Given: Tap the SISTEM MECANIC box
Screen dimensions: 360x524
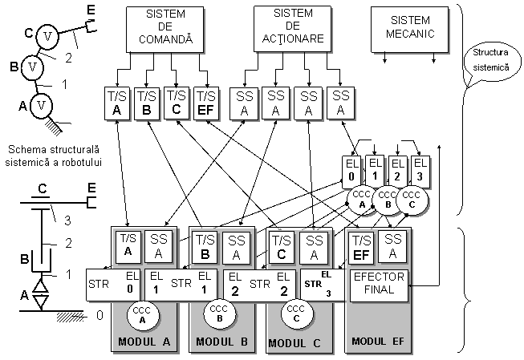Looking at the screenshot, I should [410, 29].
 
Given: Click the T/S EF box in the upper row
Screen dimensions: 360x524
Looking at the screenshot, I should [206, 103].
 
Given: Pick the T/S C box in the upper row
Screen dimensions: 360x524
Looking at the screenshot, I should [177, 103].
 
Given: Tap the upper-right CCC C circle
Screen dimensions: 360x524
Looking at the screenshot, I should [412, 199].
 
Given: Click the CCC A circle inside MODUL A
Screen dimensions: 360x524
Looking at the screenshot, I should [141, 313].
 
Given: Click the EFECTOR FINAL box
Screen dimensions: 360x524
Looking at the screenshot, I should [380, 285].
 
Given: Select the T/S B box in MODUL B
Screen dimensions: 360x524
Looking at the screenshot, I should [205, 245].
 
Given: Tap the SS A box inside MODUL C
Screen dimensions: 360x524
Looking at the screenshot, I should [314, 246].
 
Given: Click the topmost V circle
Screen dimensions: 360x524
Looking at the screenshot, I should [49, 36].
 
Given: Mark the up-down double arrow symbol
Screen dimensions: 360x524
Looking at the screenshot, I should [40, 294].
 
